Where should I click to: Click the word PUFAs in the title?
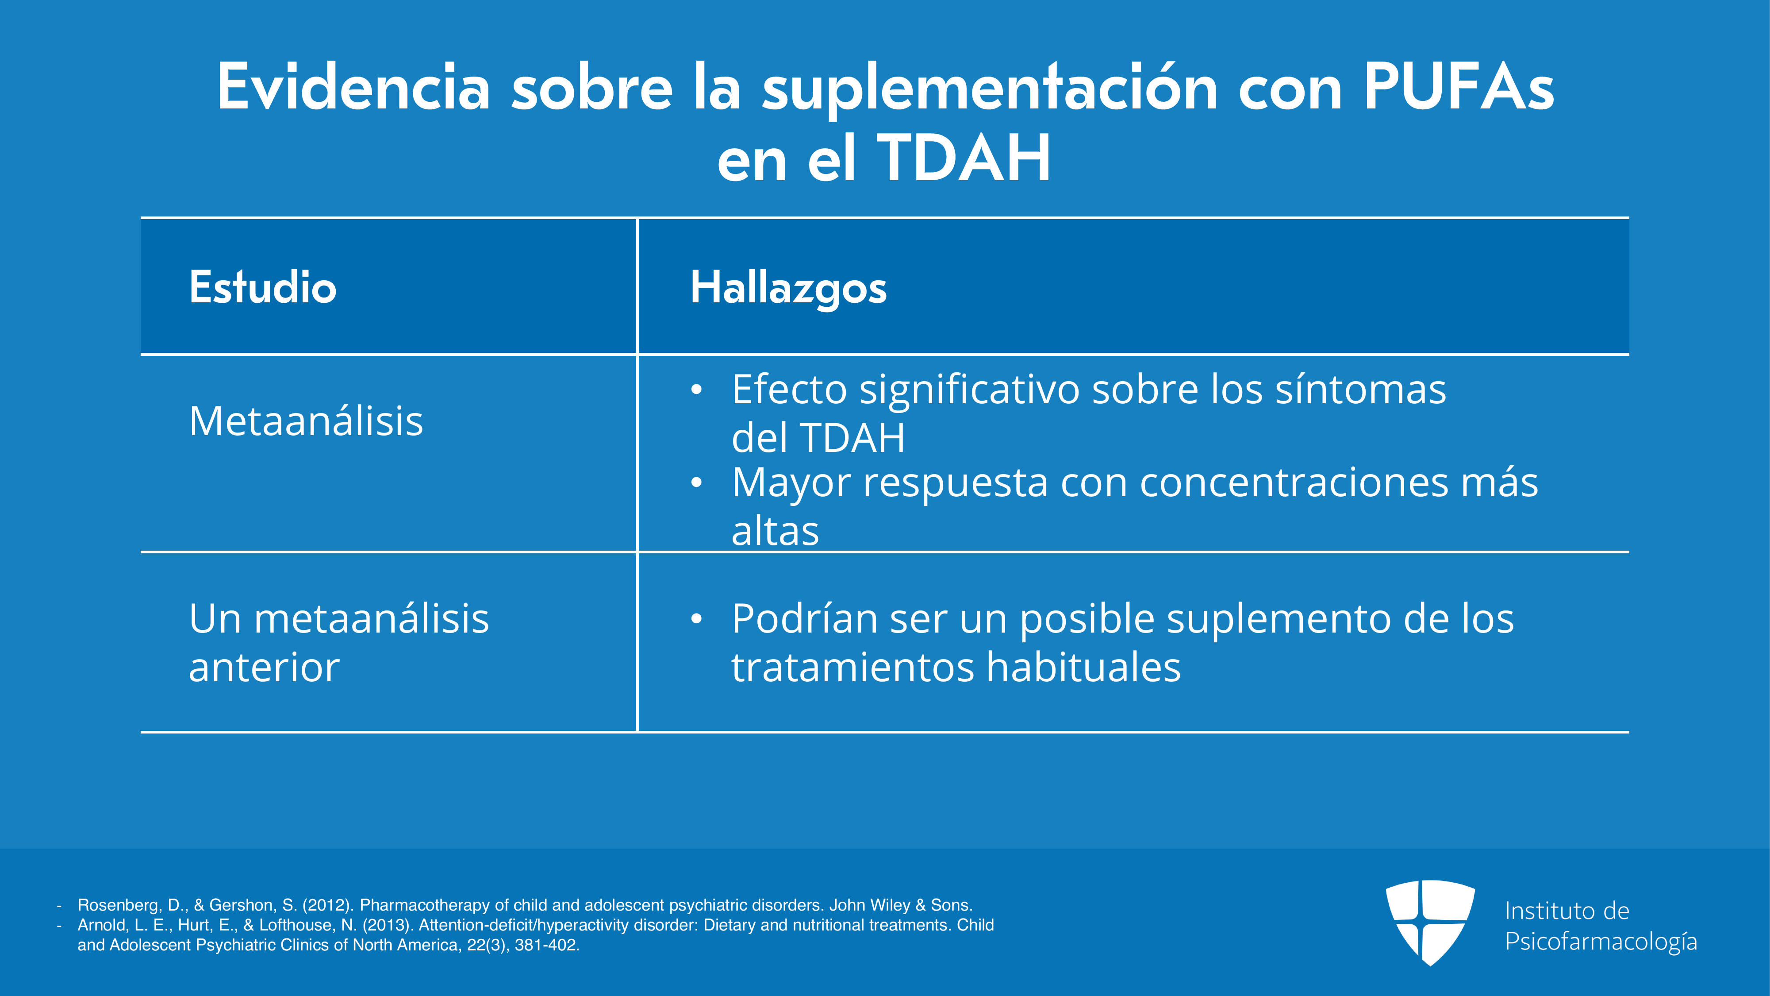click(1459, 87)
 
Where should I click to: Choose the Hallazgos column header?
click(789, 288)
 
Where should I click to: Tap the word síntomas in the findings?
click(1360, 389)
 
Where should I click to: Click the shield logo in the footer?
click(1430, 923)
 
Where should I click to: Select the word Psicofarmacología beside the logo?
click(1601, 942)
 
